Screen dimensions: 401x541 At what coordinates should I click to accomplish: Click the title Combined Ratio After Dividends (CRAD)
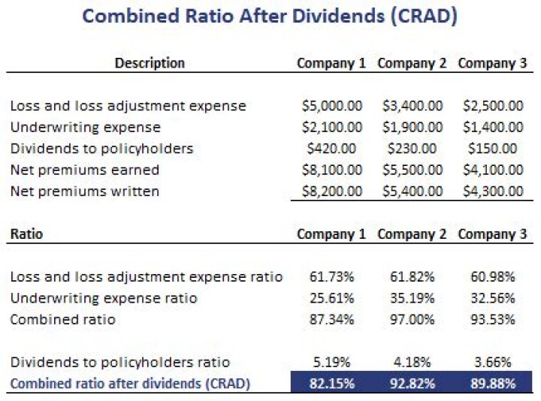coord(270,17)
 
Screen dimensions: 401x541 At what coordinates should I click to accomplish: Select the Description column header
coord(150,63)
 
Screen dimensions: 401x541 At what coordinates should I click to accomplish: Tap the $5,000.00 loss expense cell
coord(331,106)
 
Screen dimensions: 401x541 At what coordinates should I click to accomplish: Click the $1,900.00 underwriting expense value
coord(412,128)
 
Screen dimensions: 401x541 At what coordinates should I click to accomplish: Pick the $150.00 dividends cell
coord(492,149)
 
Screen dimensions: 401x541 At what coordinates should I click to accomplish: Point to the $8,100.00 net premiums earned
coord(331,170)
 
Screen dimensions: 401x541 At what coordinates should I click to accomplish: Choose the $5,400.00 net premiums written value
coord(412,191)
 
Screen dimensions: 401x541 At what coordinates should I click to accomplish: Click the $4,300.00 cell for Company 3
coord(492,191)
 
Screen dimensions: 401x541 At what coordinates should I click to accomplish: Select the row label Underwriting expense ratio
coord(104,298)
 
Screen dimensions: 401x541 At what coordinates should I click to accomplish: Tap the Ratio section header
coord(26,234)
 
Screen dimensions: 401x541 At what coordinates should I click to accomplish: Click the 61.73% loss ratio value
coord(331,277)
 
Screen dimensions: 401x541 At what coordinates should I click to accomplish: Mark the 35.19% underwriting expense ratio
coord(412,298)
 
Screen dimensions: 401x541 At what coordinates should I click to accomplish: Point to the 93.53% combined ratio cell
coord(492,320)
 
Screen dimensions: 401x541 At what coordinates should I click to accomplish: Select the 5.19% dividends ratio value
coord(331,363)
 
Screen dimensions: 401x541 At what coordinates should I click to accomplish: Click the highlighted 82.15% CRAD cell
coord(331,384)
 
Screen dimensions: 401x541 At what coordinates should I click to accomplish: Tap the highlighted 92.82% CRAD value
coord(412,384)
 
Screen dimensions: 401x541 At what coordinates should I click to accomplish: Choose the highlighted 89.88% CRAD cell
coord(492,384)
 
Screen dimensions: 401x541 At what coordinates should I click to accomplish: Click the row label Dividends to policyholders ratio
coord(120,363)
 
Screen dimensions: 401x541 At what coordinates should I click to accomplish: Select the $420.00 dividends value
coord(331,149)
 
